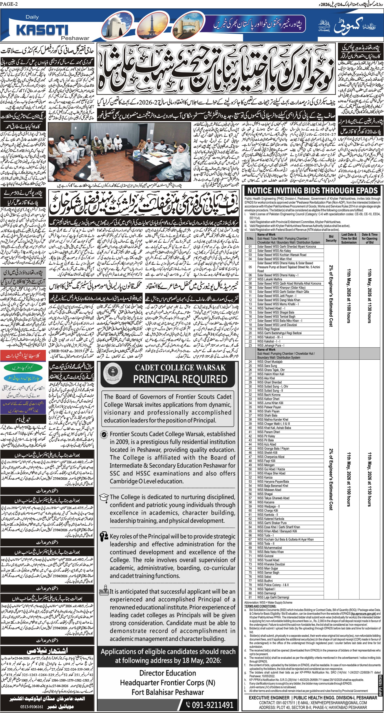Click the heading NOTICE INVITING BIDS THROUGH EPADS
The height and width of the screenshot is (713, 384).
(x=312, y=190)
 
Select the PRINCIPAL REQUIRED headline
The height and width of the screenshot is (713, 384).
(x=180, y=379)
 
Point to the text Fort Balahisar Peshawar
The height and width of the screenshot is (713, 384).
(x=168, y=692)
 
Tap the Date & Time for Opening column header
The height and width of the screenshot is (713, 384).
(x=369, y=238)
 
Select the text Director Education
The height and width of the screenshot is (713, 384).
(x=168, y=673)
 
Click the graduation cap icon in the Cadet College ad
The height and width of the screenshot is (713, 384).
(x=104, y=497)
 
